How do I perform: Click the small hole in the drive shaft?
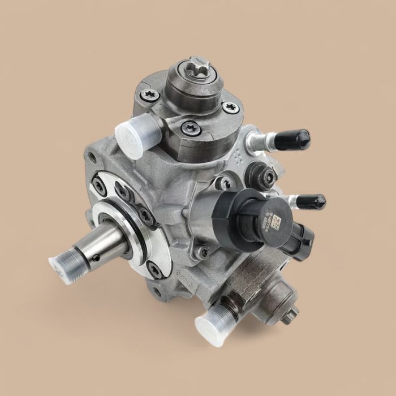pyautogui.click(x=96, y=257)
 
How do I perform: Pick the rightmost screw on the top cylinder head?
pyautogui.click(x=230, y=107)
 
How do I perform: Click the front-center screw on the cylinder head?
pyautogui.click(x=191, y=129)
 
